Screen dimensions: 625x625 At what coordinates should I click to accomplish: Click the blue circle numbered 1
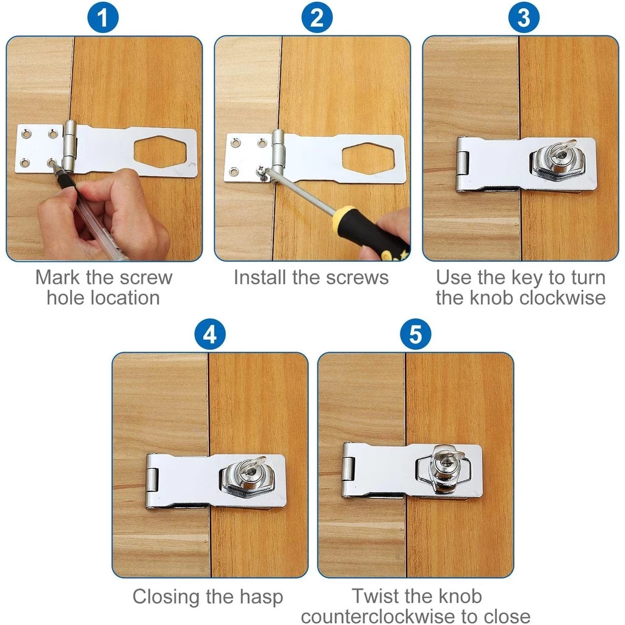[104, 18]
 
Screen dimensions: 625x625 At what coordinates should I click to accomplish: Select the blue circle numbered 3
[524, 18]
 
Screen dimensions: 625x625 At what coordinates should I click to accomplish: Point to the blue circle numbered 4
[209, 335]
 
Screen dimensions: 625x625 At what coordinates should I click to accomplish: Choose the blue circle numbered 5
[416, 335]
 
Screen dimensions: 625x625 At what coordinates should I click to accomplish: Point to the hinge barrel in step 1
[69, 146]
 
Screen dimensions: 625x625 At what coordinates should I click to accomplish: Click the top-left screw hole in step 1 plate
[25, 132]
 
